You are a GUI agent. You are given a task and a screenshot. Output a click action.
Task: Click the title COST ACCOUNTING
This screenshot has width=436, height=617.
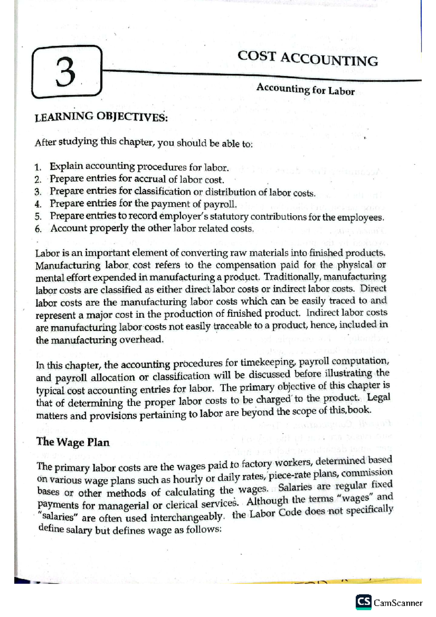308,59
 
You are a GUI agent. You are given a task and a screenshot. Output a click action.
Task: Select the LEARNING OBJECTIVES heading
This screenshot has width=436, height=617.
101,117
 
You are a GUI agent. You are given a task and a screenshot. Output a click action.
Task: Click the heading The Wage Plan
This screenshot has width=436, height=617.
73,442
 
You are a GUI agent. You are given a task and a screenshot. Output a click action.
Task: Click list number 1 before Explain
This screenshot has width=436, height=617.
38,168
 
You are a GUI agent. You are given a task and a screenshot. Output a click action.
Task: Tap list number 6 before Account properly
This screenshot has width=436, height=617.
39,229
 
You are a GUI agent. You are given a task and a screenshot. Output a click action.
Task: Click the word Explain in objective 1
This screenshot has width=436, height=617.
66,167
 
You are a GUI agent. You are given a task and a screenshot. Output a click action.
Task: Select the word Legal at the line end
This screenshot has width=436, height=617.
378,397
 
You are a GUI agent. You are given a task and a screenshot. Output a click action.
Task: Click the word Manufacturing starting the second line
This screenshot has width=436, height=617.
68,266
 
